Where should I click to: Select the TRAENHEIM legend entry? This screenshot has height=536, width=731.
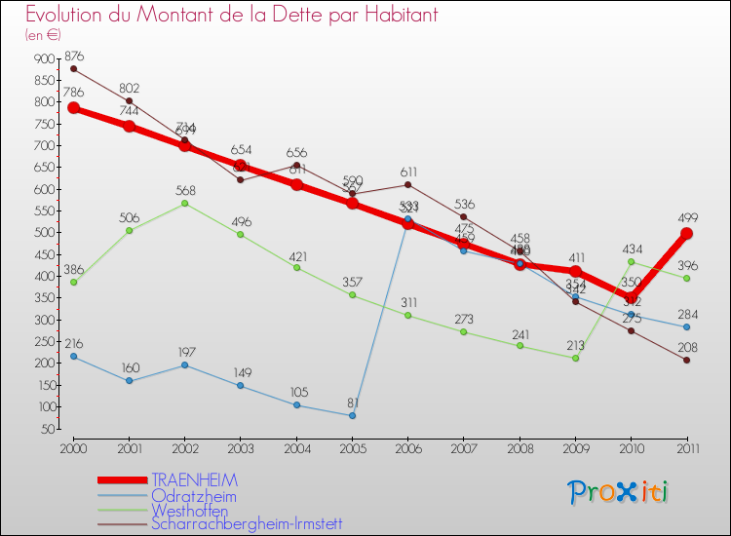(x=195, y=480)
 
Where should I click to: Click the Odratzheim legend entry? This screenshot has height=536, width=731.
(x=194, y=496)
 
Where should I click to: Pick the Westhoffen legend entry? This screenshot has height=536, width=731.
(x=190, y=510)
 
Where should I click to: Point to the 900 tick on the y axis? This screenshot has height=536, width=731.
(x=45, y=59)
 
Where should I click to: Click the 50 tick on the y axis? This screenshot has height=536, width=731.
(x=48, y=429)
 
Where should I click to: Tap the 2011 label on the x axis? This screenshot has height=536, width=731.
(x=687, y=448)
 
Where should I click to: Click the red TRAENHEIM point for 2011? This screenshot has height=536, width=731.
(x=687, y=234)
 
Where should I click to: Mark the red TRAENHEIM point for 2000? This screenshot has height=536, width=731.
(x=73, y=108)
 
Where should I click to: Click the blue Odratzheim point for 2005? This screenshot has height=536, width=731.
(x=352, y=415)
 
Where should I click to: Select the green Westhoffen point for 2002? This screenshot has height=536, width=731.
(x=185, y=203)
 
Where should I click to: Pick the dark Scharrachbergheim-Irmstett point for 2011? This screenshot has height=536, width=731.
(x=687, y=360)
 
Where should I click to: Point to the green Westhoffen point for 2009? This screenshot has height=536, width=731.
(x=576, y=358)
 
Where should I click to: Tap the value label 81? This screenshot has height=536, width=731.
(x=352, y=402)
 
